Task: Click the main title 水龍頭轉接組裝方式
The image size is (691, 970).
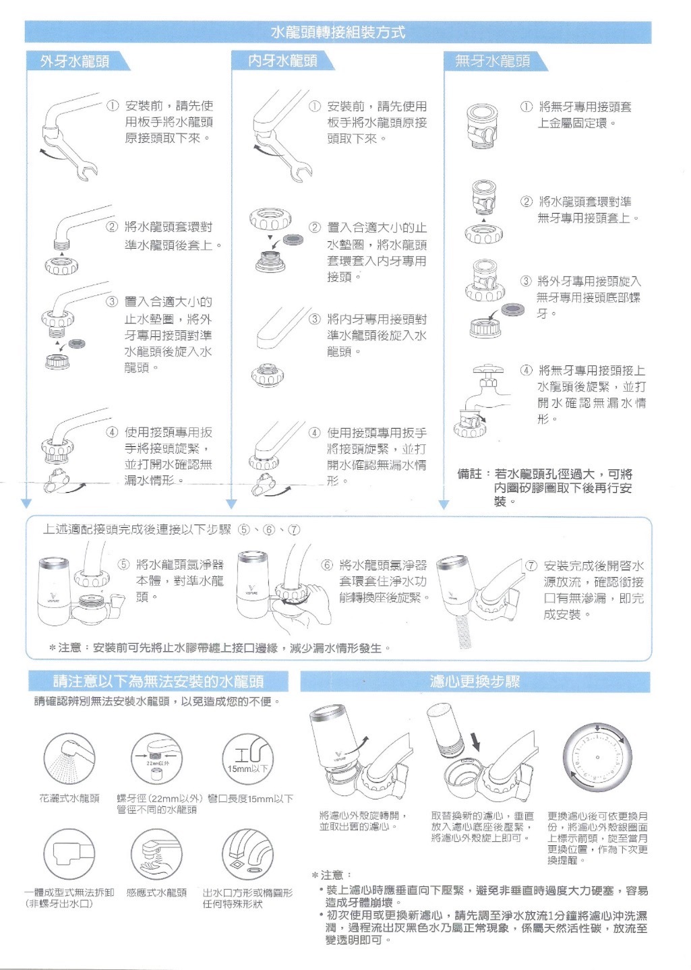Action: pyautogui.click(x=338, y=32)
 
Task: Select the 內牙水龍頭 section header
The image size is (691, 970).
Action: pyautogui.click(x=283, y=61)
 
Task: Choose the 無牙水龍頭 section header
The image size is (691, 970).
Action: pyautogui.click(x=492, y=61)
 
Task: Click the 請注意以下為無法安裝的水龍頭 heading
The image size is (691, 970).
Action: pyautogui.click(x=158, y=681)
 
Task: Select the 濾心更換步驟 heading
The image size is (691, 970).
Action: pyautogui.click(x=475, y=681)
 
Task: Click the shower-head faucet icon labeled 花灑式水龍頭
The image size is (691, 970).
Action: pyautogui.click(x=69, y=759)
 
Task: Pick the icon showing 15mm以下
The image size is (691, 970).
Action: pyautogui.click(x=247, y=759)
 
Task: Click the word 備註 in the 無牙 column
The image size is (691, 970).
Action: pyautogui.click(x=469, y=475)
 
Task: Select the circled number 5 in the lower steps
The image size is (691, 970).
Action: pyautogui.click(x=124, y=565)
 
